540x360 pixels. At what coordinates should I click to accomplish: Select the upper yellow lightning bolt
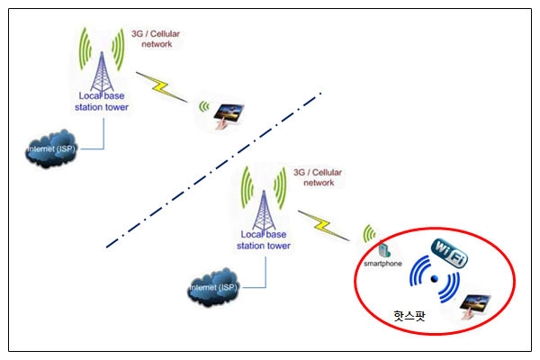tap(166, 88)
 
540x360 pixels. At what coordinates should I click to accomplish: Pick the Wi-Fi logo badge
tap(451, 253)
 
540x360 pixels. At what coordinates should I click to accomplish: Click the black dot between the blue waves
tap(435, 280)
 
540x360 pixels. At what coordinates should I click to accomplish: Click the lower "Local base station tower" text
tap(263, 239)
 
